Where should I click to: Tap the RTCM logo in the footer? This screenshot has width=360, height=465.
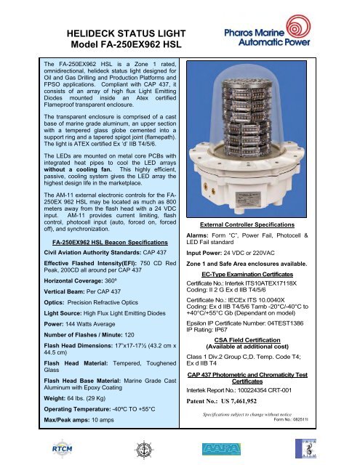click(62, 449)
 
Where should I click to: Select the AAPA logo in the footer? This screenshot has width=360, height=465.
click(221, 449)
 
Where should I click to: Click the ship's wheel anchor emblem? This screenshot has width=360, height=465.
click(144, 450)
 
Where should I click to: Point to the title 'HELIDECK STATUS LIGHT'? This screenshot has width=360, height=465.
click(126, 33)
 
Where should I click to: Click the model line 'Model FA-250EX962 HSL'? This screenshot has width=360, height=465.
click(126, 44)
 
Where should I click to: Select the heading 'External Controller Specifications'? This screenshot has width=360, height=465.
click(247, 225)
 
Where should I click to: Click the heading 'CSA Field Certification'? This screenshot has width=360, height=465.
click(247, 340)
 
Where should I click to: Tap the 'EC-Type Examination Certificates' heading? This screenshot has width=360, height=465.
click(247, 275)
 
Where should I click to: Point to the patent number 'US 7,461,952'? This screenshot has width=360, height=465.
click(239, 401)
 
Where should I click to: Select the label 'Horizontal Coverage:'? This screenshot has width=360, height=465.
click(73, 281)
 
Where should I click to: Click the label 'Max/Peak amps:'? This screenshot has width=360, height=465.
click(67, 420)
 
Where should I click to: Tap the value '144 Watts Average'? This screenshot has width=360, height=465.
click(90, 324)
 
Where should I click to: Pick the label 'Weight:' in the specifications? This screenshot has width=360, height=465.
click(55, 398)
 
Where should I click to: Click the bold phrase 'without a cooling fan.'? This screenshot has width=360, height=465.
click(78, 169)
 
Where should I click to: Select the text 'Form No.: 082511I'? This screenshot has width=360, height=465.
click(291, 419)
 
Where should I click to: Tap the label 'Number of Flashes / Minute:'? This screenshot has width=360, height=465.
click(83, 335)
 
